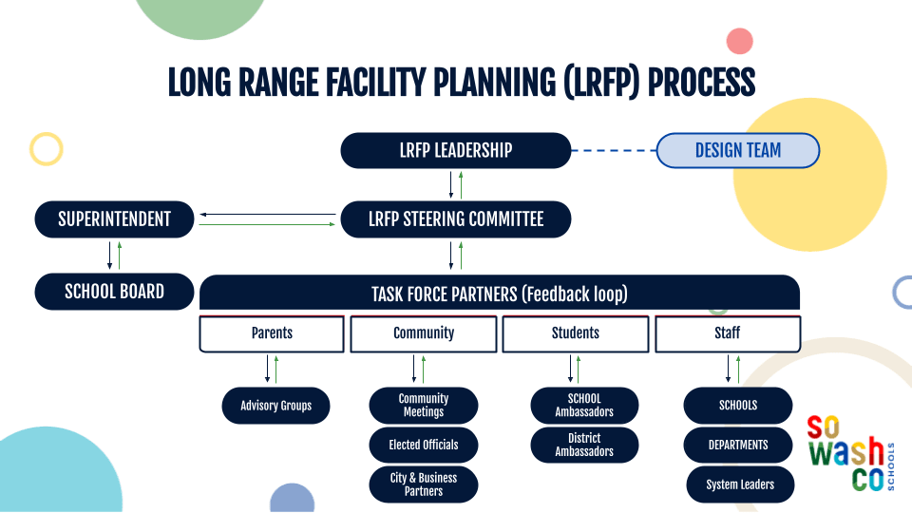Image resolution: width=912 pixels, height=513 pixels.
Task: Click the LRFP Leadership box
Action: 456,150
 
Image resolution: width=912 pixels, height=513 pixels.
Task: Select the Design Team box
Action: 738,150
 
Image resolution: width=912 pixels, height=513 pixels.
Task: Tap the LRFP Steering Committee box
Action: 456,219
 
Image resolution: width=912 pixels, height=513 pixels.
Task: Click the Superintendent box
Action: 115,219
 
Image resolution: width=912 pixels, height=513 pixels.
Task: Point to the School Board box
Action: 115,292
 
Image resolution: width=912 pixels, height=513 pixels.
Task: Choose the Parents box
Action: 272,333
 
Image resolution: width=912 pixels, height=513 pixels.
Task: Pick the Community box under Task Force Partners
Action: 424,333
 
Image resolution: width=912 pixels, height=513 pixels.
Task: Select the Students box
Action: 576,333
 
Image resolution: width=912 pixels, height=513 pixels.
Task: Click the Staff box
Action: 728,333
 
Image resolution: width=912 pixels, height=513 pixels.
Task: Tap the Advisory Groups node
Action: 276,406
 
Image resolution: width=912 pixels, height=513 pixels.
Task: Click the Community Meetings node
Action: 424,406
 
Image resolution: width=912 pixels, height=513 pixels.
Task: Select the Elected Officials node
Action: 424,445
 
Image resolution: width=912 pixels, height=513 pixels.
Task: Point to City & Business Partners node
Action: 424,484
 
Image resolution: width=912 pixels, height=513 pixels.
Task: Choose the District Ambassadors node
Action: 584,445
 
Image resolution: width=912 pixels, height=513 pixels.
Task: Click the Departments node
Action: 738,445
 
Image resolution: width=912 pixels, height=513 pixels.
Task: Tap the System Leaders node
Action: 740,484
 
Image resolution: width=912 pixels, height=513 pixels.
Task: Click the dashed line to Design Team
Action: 614,150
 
